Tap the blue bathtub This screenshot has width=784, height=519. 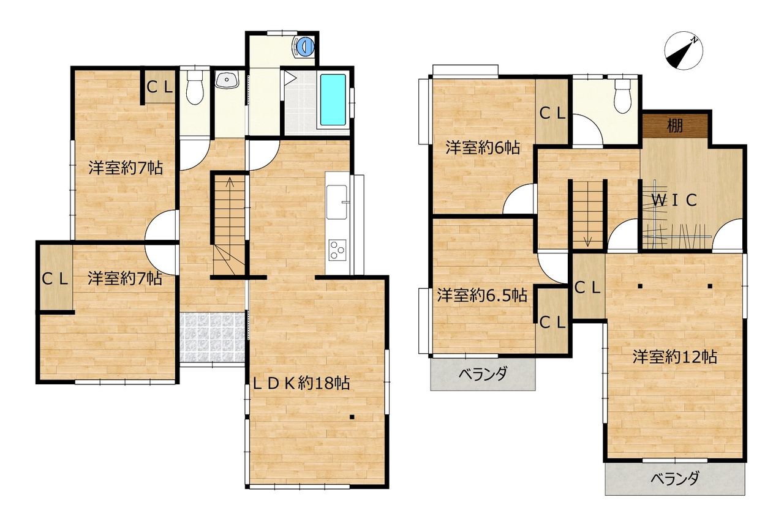click(333, 100)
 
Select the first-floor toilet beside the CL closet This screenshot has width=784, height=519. click(194, 88)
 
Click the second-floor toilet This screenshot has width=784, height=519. click(622, 96)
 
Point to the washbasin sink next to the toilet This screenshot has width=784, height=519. click(227, 80)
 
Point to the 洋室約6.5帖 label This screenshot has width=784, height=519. click(482, 296)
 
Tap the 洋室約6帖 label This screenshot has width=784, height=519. click(483, 148)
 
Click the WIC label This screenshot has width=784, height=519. click(674, 200)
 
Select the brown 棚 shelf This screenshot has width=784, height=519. click(675, 125)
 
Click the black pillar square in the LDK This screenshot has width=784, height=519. click(352, 417)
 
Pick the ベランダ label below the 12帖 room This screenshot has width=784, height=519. click(675, 479)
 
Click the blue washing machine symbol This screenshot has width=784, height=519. click(304, 46)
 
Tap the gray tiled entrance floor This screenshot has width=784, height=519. click(212, 337)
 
